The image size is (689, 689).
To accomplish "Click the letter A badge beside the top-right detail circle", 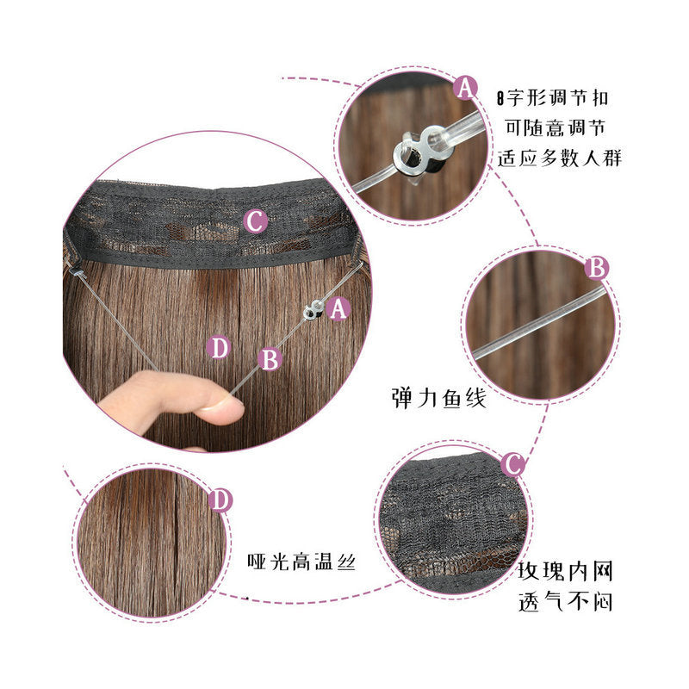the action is tap(465, 88).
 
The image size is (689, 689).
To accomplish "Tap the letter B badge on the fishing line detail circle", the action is tap(597, 268).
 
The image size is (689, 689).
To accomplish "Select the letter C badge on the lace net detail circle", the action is tap(512, 464).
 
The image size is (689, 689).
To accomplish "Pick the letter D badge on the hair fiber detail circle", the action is tap(220, 500).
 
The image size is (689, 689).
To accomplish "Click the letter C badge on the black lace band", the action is tap(255, 221).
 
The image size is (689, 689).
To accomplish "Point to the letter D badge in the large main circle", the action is tap(219, 347).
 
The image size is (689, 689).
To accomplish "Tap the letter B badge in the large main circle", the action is tap(270, 359).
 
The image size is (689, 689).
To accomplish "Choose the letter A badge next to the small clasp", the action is tap(338, 308).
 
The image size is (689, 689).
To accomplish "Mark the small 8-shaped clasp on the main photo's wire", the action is tap(313, 309).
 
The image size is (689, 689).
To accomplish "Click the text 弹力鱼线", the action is tap(439, 398).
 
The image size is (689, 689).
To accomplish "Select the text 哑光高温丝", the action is tap(301, 562).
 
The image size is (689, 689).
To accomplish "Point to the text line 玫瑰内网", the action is tap(565, 571).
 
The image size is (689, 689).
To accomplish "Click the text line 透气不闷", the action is tap(565, 600).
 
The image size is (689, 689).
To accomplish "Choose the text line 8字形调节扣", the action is tap(552, 97).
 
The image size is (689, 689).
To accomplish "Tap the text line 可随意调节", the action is tap(556, 127).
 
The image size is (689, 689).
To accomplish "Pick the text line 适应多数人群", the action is tap(559, 158).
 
